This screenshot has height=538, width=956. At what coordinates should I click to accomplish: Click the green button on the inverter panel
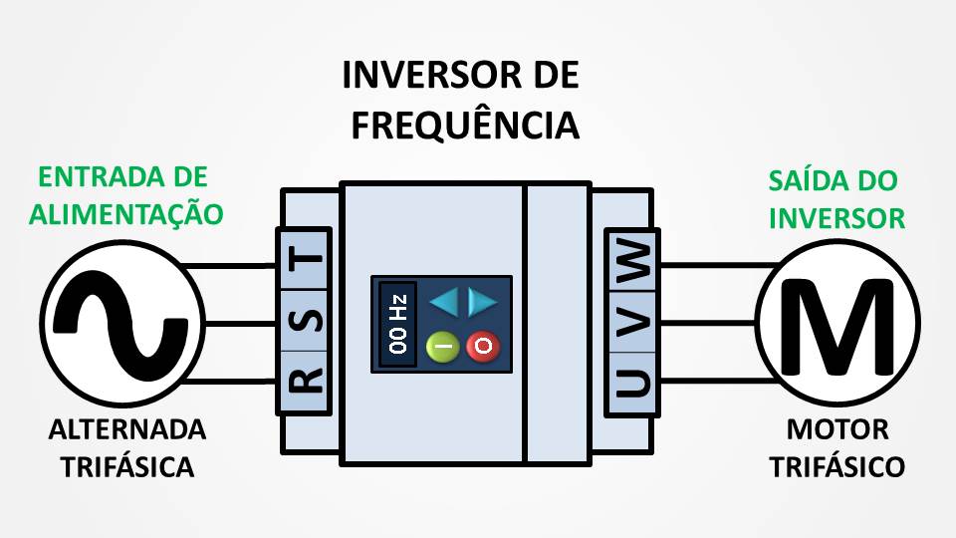442,346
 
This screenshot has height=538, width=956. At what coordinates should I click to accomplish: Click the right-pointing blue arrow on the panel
482,301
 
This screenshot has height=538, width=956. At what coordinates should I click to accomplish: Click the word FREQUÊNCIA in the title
465,126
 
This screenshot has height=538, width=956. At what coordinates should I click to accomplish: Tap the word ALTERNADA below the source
127,430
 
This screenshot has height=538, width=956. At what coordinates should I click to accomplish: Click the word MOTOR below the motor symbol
837,430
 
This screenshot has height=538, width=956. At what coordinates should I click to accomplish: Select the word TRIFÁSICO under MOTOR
837,466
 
